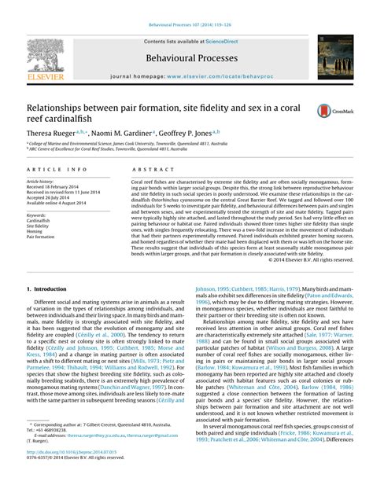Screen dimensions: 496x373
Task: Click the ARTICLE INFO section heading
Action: tap(56, 170)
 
